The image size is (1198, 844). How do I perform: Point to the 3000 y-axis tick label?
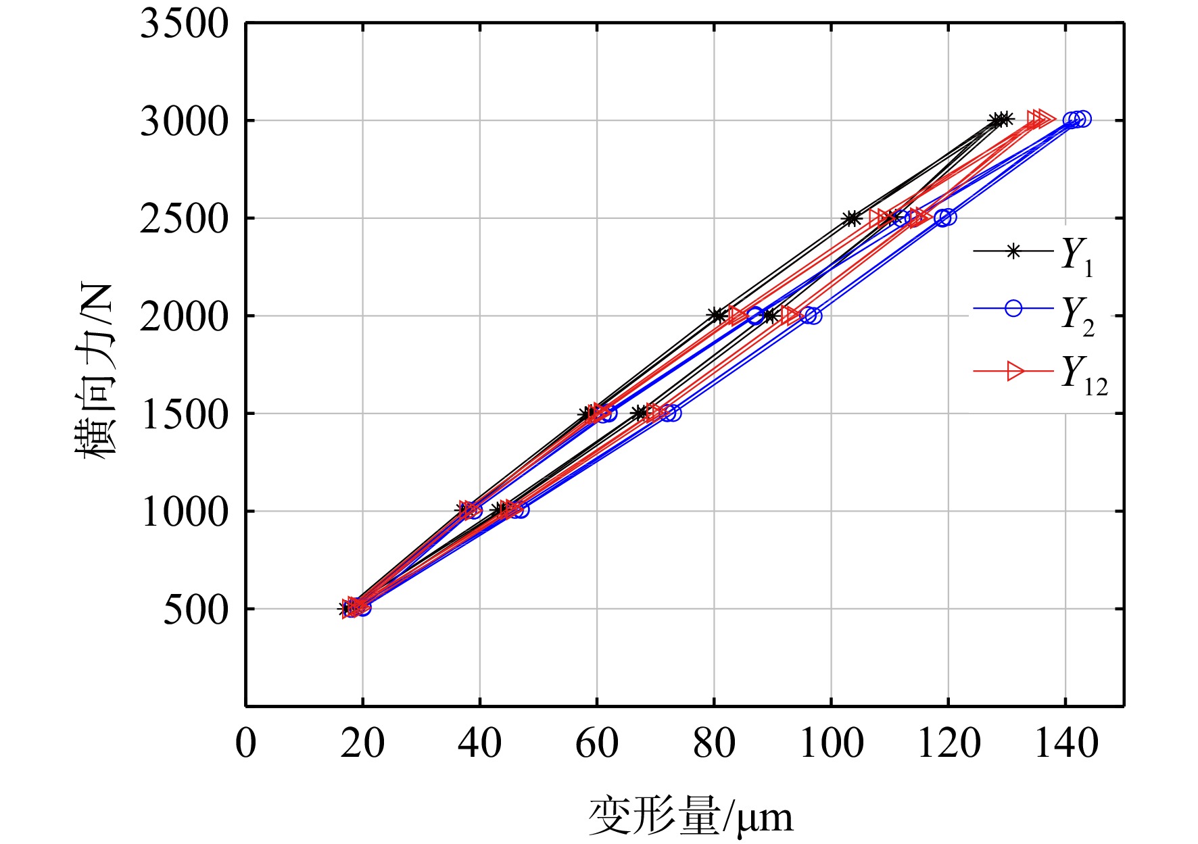click(x=185, y=122)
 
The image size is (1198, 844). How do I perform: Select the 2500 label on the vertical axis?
click(x=185, y=219)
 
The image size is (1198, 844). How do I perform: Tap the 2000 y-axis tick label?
click(x=185, y=316)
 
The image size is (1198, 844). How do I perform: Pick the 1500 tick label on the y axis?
click(x=185, y=414)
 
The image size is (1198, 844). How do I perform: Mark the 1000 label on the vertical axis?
click(x=185, y=512)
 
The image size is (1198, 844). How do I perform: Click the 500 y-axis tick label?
click(x=196, y=610)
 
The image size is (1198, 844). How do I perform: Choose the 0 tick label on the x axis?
click(x=246, y=743)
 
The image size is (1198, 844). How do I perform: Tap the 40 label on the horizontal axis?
click(x=480, y=743)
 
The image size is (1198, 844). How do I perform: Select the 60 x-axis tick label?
click(x=597, y=743)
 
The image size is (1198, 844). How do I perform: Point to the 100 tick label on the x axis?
click(x=831, y=743)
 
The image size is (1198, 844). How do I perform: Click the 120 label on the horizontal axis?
click(x=949, y=743)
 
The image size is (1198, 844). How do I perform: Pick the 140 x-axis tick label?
click(x=1066, y=743)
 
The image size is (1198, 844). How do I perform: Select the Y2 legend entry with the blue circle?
click(x=1033, y=315)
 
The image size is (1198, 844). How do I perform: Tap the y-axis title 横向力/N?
click(x=96, y=371)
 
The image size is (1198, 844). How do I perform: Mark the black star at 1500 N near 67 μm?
click(x=639, y=413)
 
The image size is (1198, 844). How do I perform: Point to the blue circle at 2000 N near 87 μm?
click(x=756, y=315)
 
